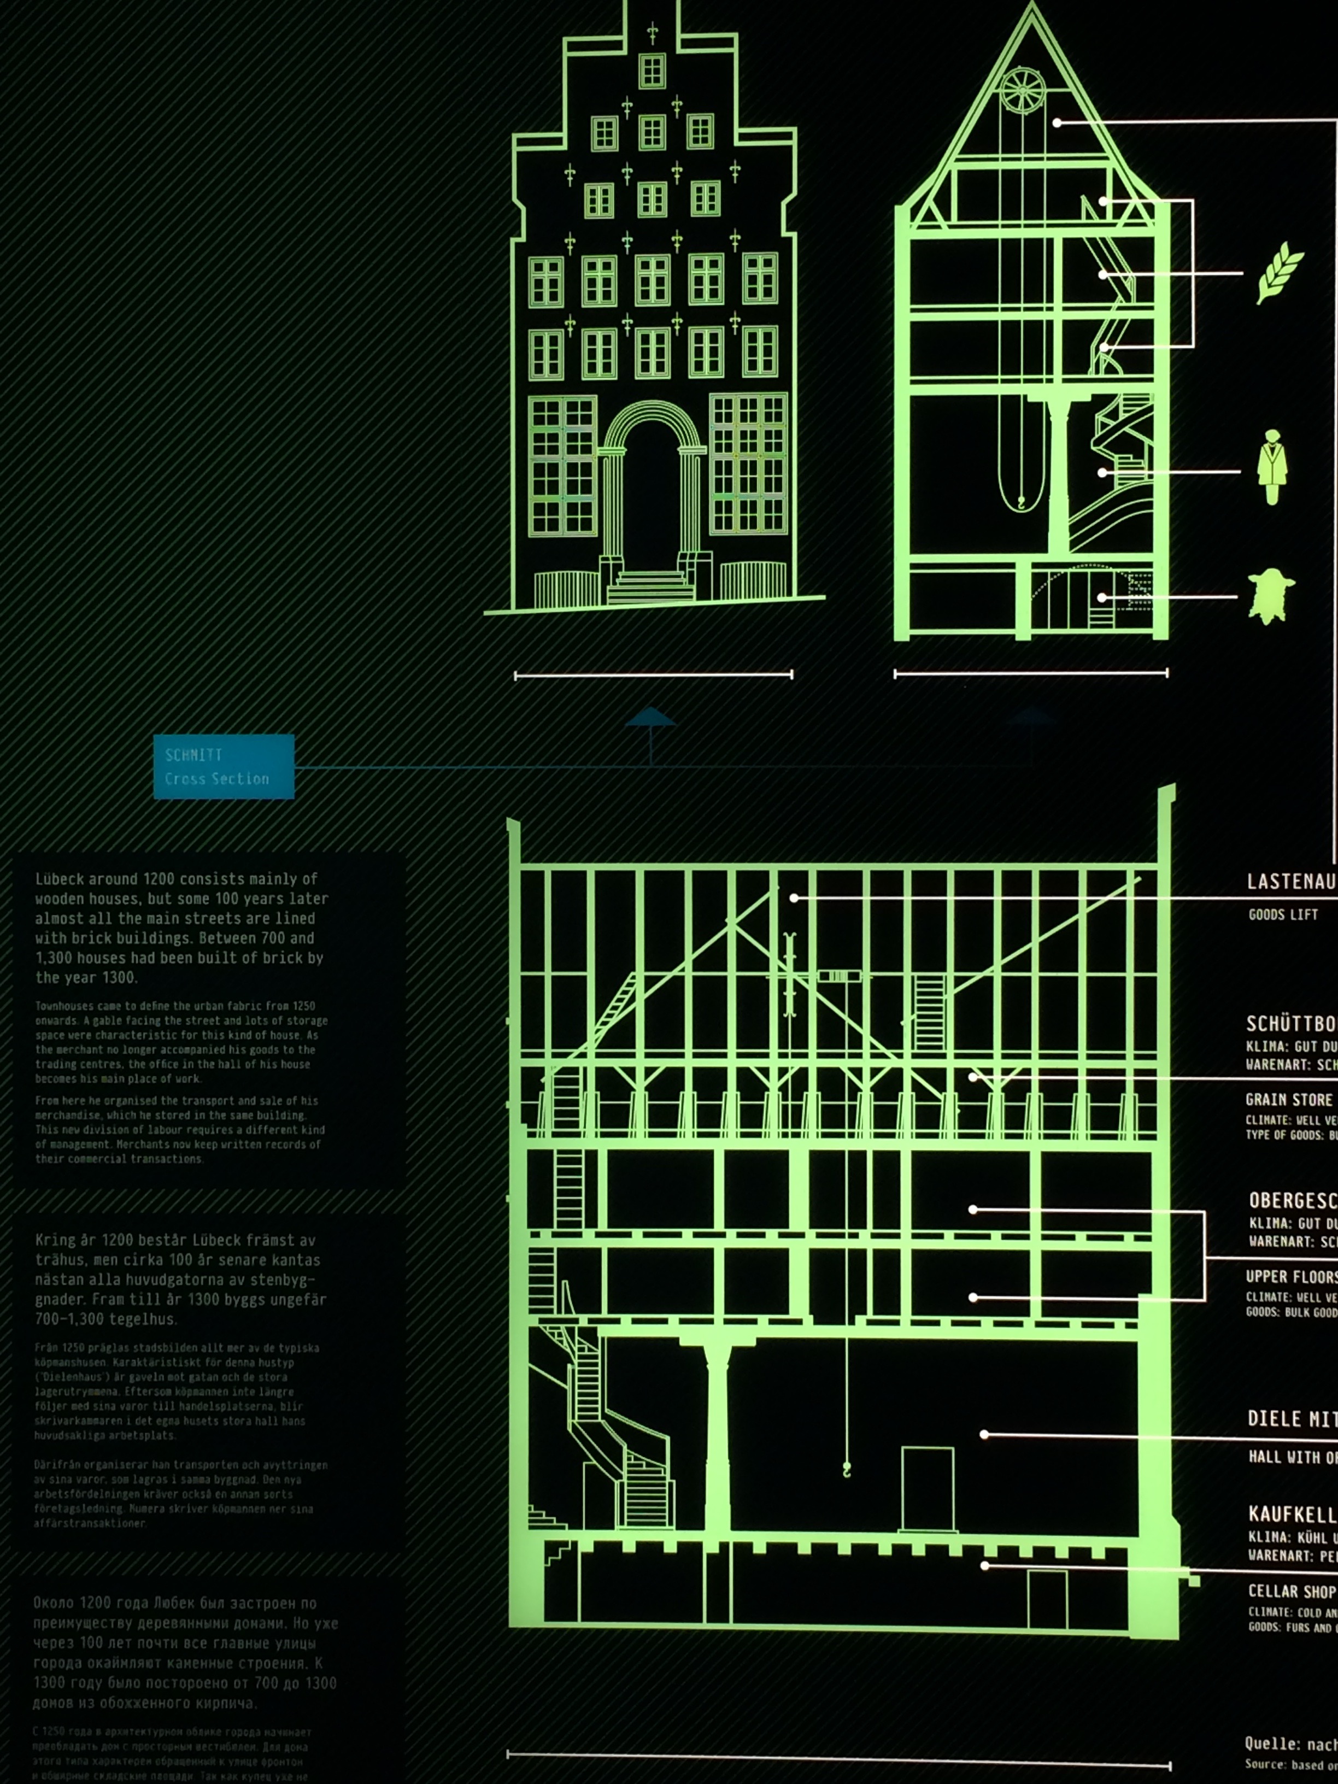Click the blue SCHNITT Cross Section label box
[224, 766]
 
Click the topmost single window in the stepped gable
[652, 71]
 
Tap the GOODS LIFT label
[1282, 914]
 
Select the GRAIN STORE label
[1289, 1099]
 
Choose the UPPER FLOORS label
[1290, 1277]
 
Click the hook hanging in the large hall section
[847, 1470]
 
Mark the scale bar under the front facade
[653, 675]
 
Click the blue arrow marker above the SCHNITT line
[650, 718]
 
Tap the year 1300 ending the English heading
[121, 977]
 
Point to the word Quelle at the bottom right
[1271, 1745]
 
